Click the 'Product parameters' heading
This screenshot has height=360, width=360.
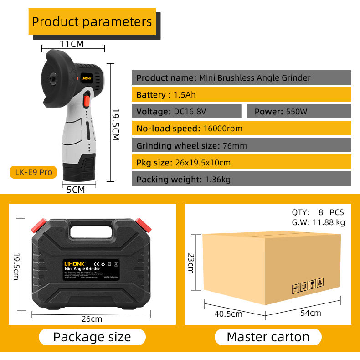[92, 21]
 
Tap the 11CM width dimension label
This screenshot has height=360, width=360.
[72, 44]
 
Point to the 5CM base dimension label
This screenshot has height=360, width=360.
[76, 190]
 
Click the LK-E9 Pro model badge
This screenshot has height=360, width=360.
[33, 172]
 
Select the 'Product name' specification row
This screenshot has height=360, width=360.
[241, 77]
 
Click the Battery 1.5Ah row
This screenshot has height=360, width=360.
[241, 95]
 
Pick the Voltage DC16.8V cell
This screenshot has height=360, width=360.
[186, 111]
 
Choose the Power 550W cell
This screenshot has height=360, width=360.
[298, 111]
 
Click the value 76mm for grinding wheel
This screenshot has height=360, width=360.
[235, 146]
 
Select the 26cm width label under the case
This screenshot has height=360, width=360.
[92, 319]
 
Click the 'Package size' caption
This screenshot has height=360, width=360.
[92, 337]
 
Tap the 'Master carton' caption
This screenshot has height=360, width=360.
[268, 337]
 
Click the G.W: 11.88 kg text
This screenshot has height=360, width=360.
[319, 222]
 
